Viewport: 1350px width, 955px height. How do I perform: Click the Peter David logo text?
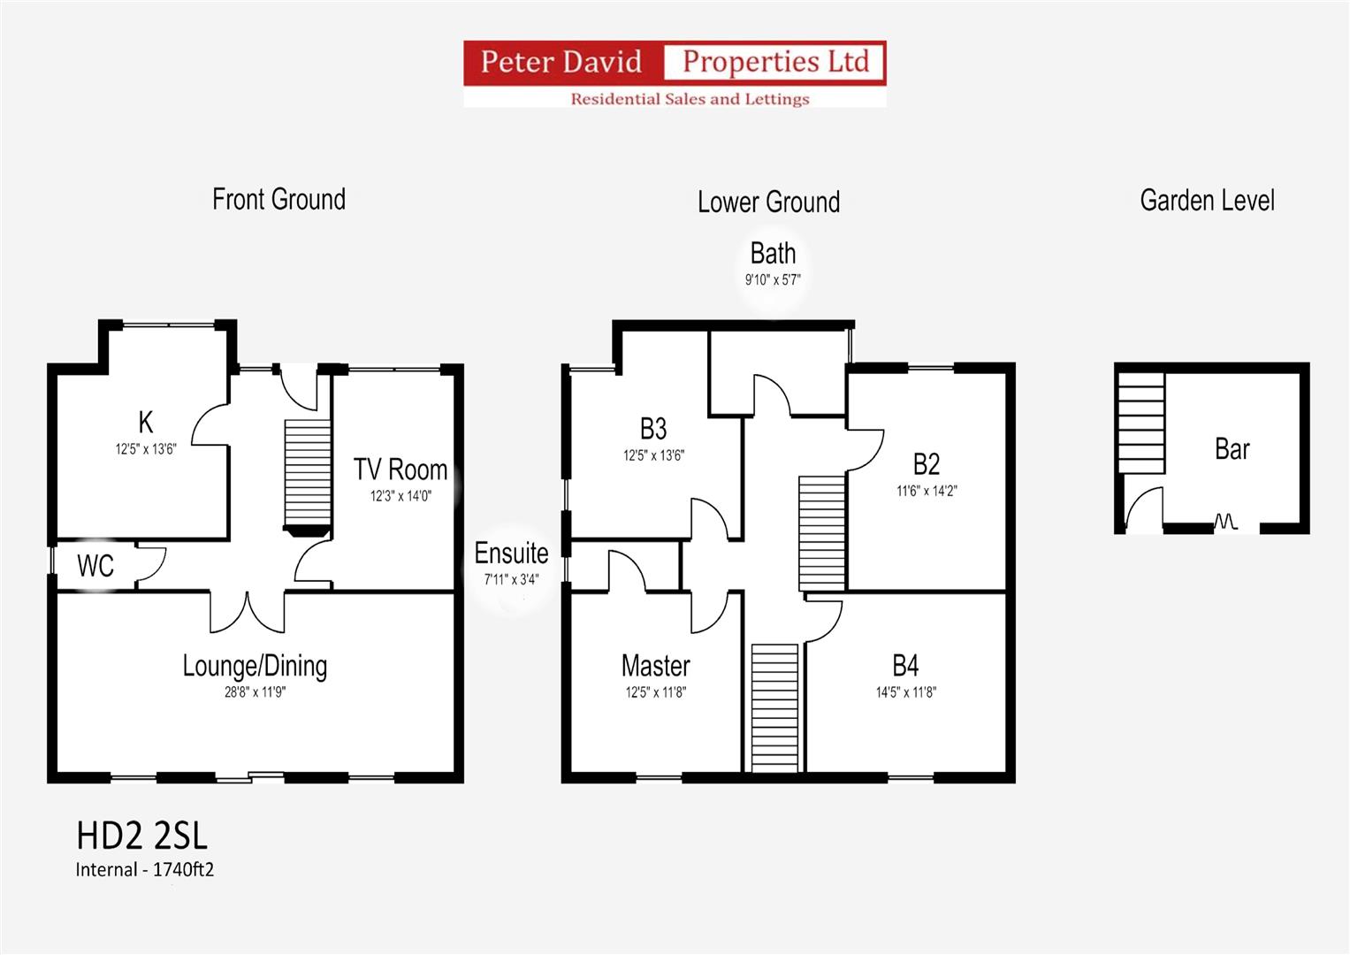click(561, 62)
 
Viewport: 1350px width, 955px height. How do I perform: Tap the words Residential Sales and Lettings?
click(690, 99)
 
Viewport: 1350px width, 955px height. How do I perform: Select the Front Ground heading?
click(279, 200)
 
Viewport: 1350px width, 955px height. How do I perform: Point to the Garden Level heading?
click(1207, 200)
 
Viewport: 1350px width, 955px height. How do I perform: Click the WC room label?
click(95, 566)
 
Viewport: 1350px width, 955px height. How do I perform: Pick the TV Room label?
click(400, 470)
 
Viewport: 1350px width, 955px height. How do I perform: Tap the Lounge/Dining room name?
click(255, 667)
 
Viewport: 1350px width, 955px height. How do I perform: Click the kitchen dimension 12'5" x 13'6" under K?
click(146, 449)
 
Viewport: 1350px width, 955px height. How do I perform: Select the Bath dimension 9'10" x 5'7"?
click(773, 279)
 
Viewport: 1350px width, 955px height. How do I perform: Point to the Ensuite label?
click(511, 554)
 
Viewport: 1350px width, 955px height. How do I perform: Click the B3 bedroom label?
click(653, 429)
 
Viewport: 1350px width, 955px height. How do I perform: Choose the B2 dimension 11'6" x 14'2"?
click(927, 491)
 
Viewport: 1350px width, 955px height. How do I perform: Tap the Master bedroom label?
click(656, 666)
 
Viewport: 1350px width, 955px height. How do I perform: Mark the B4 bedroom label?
click(905, 666)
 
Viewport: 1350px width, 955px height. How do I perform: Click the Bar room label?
click(1232, 449)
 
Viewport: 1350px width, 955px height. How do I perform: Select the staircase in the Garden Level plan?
click(1141, 424)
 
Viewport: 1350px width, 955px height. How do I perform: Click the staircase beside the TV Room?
click(308, 473)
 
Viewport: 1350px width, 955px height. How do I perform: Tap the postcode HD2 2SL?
click(141, 836)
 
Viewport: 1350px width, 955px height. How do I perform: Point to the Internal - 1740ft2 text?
click(145, 869)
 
